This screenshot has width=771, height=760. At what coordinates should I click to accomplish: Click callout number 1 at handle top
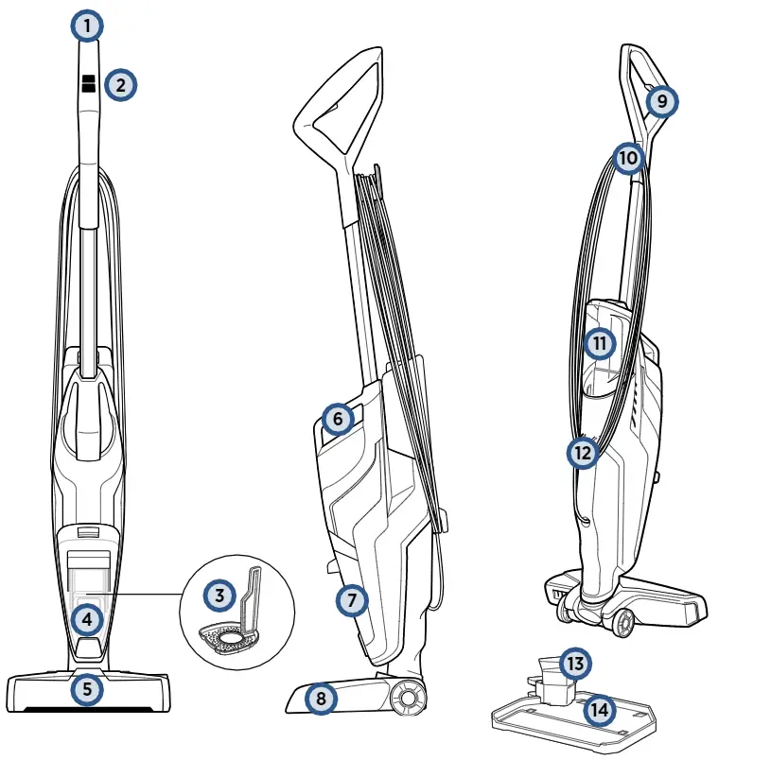pyautogui.click(x=87, y=26)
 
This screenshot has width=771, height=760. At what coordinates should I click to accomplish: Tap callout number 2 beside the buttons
pyautogui.click(x=120, y=85)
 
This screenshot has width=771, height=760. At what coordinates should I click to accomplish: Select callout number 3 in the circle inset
pyautogui.click(x=219, y=596)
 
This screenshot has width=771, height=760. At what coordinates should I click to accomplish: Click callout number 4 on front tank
pyautogui.click(x=87, y=620)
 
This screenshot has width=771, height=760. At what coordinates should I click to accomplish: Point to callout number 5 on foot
pyautogui.click(x=87, y=688)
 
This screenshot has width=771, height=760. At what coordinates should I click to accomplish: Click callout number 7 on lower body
pyautogui.click(x=352, y=598)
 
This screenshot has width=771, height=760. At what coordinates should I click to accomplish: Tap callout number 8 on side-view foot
pyautogui.click(x=323, y=700)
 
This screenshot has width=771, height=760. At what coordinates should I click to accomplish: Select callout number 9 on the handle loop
pyautogui.click(x=661, y=100)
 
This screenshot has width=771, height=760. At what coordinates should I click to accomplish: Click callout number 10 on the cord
pyautogui.click(x=628, y=157)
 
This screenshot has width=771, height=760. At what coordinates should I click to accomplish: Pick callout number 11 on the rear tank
pyautogui.click(x=599, y=342)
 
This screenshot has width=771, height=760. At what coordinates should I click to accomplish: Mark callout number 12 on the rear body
pyautogui.click(x=583, y=453)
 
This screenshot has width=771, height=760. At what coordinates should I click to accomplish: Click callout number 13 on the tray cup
pyautogui.click(x=574, y=663)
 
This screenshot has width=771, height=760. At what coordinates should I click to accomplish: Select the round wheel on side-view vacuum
pyautogui.click(x=408, y=698)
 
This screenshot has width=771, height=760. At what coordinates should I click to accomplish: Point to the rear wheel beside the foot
pyautogui.click(x=622, y=623)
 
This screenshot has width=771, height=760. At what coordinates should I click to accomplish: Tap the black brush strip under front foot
pyautogui.click(x=87, y=707)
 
